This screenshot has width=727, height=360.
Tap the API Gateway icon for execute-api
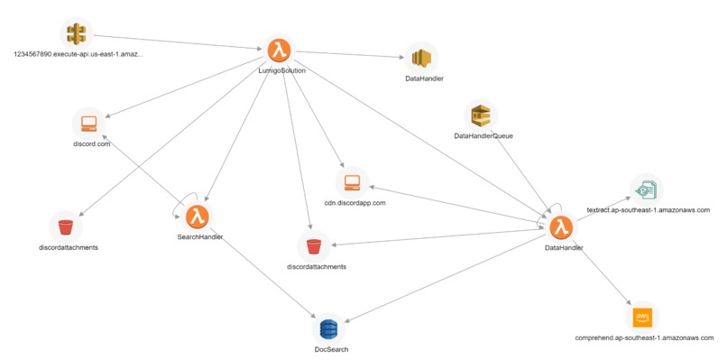point(77,34)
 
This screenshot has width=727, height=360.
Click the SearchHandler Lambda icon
point(198,217)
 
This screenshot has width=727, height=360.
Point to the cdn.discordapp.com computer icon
point(353,183)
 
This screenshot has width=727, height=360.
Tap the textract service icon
point(646,189)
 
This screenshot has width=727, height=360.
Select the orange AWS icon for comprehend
point(642,317)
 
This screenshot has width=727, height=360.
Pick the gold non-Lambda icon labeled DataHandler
point(420,59)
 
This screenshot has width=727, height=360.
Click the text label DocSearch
point(330,349)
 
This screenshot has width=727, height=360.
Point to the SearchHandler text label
point(200,237)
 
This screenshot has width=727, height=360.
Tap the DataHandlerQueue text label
point(483,136)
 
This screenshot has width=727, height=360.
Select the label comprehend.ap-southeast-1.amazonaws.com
point(642,337)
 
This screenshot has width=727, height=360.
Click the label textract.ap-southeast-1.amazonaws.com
point(648,209)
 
